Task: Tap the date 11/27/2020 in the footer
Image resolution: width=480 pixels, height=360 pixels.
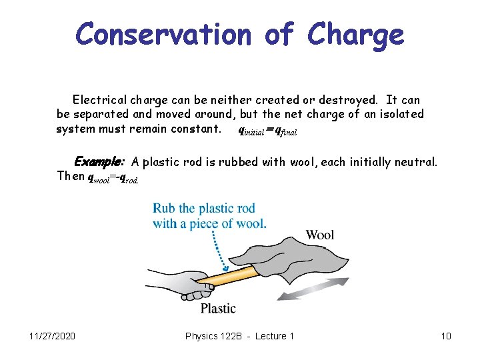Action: coord(53,336)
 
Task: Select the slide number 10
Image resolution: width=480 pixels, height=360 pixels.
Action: coord(446,336)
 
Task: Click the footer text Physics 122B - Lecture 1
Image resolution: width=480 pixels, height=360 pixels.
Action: coord(239,336)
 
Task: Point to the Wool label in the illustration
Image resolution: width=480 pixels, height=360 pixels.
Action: coord(320,235)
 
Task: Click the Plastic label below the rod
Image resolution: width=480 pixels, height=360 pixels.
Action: coord(218,308)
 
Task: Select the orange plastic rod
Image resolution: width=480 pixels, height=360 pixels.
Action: coord(233,275)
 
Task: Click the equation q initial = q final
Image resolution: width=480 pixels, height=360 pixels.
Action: coord(267,131)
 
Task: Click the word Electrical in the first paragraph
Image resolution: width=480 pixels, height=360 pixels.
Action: coord(100,100)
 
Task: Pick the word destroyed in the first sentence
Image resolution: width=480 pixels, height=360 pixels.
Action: coord(339,100)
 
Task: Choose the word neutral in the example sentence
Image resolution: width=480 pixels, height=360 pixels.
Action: coord(414,161)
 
